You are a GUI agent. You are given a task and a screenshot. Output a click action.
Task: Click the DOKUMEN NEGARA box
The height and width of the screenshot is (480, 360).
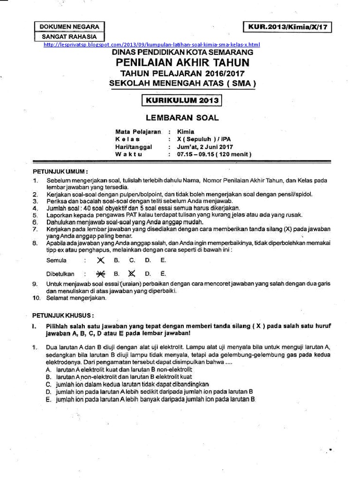pyautogui.click(x=69, y=27)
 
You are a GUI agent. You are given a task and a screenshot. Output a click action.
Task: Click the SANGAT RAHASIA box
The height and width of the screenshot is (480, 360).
pyautogui.click(x=69, y=36)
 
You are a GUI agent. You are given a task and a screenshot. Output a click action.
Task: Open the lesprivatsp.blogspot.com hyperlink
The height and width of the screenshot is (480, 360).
pyautogui.click(x=151, y=45)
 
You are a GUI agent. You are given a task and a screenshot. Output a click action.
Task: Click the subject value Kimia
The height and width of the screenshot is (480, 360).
pyautogui.click(x=186, y=132)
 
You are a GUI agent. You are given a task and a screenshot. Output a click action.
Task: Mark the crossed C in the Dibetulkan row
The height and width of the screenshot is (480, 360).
pyautogui.click(x=132, y=274)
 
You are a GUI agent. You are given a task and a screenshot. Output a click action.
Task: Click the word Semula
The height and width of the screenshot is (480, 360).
pyautogui.click(x=56, y=260)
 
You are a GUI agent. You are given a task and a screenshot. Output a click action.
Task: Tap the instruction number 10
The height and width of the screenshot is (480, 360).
pyautogui.click(x=36, y=298)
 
